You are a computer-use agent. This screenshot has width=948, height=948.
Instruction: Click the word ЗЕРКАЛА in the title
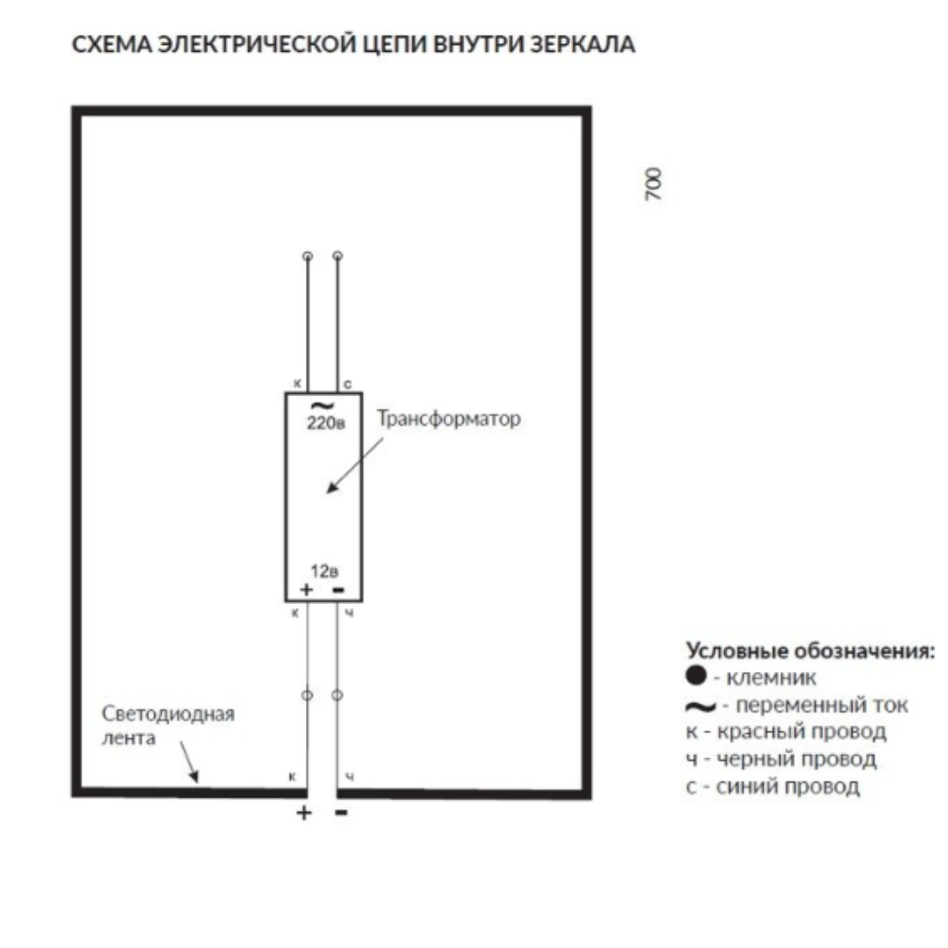pos(582,45)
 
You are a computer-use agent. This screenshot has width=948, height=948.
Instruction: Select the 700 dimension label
pos(654,185)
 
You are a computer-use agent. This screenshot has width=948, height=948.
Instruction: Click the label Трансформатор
pos(449,418)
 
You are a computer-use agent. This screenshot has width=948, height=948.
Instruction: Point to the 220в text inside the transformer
pos(325,423)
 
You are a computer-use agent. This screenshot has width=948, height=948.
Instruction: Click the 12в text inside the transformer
pos(324,571)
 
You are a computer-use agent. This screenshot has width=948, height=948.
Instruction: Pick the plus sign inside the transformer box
pos(307,590)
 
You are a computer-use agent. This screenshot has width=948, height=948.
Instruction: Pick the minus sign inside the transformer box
pos(338,590)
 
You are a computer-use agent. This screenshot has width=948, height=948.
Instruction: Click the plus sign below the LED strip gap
pos(304,812)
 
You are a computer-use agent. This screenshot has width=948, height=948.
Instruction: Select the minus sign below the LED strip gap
pos(341,813)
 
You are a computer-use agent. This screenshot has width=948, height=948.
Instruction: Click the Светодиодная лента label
pos(167,726)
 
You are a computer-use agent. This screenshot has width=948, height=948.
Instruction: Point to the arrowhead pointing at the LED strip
pos(195,777)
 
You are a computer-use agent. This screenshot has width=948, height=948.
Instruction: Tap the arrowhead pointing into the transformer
pos(331,488)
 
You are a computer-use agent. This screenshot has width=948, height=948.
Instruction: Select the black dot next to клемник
pos(695,676)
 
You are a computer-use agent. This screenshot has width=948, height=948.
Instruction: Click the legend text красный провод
pos(801,731)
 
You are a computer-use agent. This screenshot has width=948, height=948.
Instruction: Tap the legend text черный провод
pos(796,759)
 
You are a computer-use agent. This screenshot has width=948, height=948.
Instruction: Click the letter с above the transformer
pos(347,384)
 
